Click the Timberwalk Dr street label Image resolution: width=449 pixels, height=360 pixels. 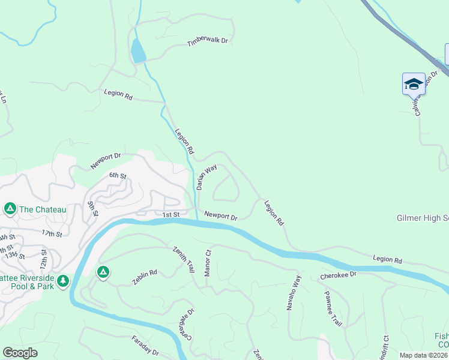pyautogui.click(x=208, y=41)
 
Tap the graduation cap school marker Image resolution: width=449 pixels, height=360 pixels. pyautogui.click(x=414, y=83)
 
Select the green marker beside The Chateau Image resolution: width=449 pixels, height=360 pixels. pyautogui.click(x=10, y=209)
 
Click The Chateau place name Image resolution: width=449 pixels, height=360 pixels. pyautogui.click(x=43, y=209)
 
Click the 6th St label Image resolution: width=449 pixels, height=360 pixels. pyautogui.click(x=118, y=176)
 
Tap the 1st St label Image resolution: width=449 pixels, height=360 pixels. pyautogui.click(x=171, y=214)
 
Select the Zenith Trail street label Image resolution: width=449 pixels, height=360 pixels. pyautogui.click(x=184, y=260)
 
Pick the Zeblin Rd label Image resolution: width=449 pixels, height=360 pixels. pyautogui.click(x=145, y=277)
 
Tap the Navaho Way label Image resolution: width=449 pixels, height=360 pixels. pyautogui.click(x=297, y=289)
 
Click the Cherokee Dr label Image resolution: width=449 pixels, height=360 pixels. pyautogui.click(x=338, y=274)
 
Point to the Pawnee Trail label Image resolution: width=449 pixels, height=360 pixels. pyautogui.click(x=333, y=308)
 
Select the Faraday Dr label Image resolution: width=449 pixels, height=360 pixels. pyautogui.click(x=145, y=344)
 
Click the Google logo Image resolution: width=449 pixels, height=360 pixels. pyautogui.click(x=20, y=353)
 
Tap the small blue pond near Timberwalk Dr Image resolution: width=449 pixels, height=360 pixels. pyautogui.click(x=138, y=52)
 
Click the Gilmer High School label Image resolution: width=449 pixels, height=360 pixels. pyautogui.click(x=423, y=218)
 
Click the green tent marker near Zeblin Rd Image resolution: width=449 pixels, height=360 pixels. pyautogui.click(x=103, y=272)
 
